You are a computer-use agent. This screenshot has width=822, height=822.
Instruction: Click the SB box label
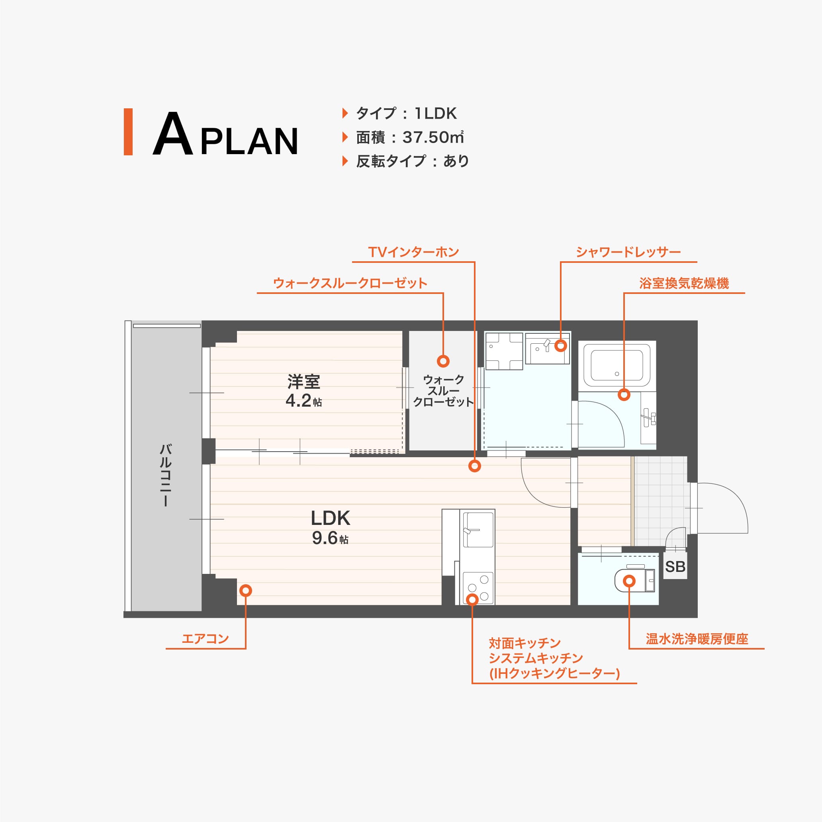(x=675, y=567)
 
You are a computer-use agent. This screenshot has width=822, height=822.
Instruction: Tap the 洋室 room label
(x=303, y=382)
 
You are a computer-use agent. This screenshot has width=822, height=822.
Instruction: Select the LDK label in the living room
(x=331, y=518)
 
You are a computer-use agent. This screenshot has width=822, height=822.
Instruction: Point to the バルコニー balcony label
(x=166, y=475)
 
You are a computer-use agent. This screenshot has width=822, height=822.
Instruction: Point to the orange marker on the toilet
(x=629, y=581)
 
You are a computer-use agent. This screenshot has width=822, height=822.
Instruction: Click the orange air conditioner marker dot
(x=246, y=591)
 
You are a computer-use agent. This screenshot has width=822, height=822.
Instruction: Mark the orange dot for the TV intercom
(x=475, y=466)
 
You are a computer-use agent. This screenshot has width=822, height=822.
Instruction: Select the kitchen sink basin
(x=478, y=530)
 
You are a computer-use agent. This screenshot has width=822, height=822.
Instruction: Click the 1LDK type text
(x=436, y=113)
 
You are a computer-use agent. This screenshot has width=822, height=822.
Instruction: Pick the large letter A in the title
(x=173, y=135)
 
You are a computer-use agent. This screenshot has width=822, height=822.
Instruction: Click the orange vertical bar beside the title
(x=128, y=132)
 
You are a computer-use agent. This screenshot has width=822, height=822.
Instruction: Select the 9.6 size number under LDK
(x=325, y=538)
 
